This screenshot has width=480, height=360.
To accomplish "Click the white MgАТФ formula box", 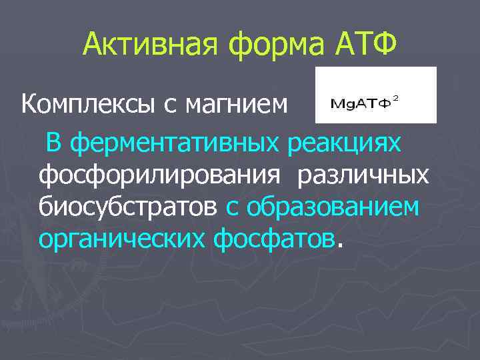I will pyautogui.click(x=376, y=95).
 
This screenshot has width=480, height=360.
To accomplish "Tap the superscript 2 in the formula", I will pyautogui.click(x=396, y=99).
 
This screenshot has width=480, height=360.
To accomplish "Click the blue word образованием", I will pyautogui.click(x=333, y=207).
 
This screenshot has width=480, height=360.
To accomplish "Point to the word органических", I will pyautogui.click(x=123, y=239).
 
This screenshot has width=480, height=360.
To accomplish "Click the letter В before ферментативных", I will pyautogui.click(x=54, y=141).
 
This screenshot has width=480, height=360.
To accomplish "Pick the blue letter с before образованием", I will pyautogui.click(x=232, y=208).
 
